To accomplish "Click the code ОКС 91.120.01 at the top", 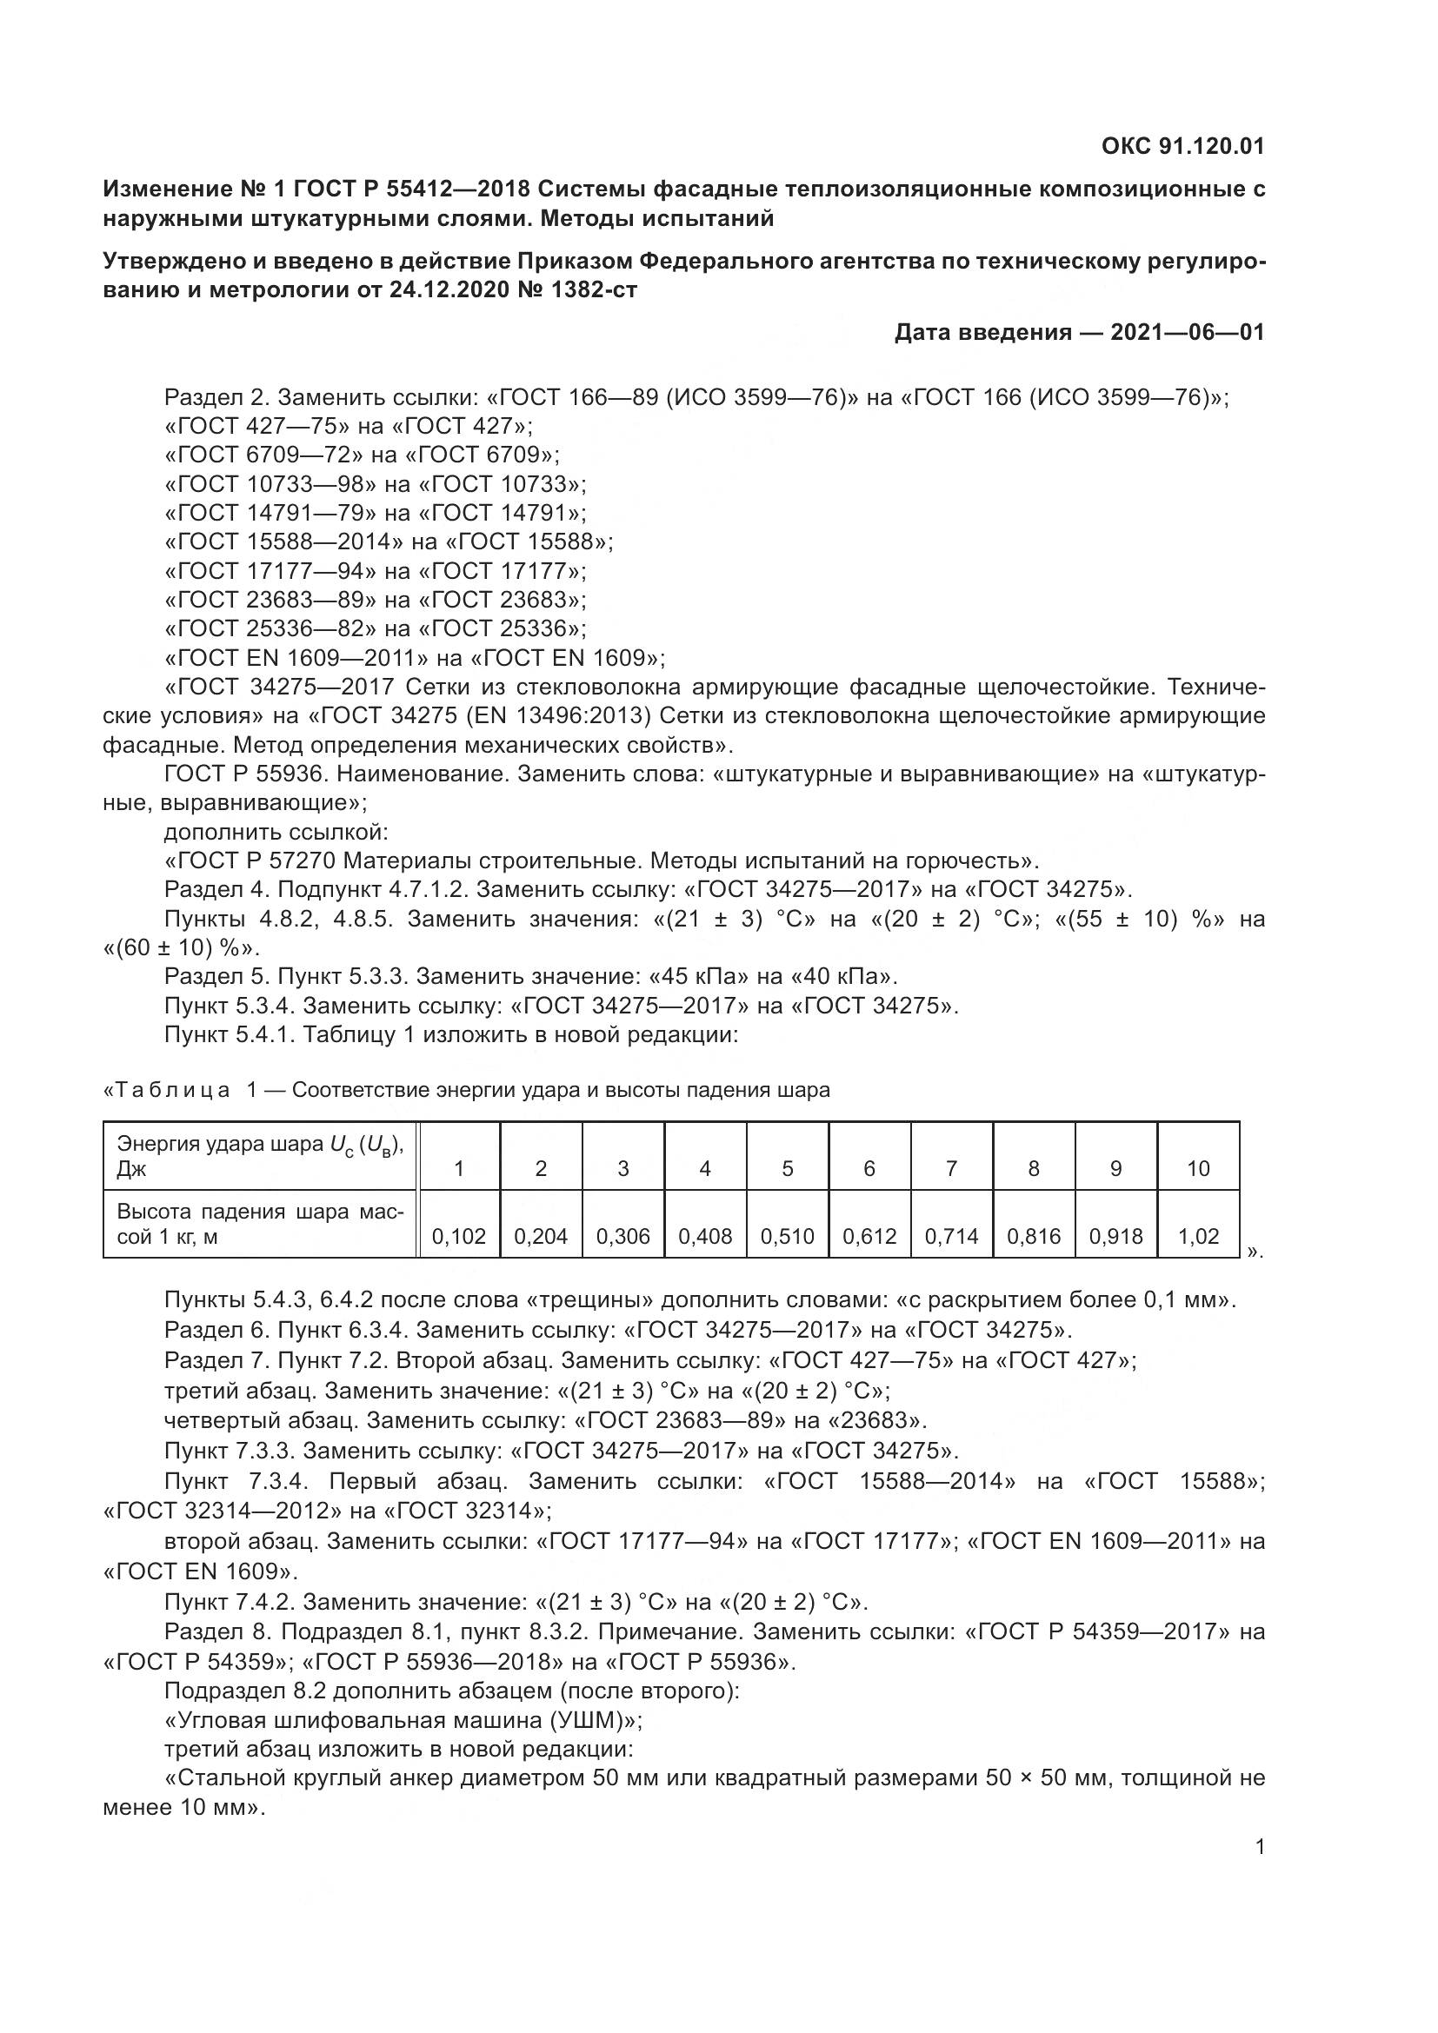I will pyautogui.click(x=1182, y=146).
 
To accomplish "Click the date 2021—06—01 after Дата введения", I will pyautogui.click(x=1188, y=332).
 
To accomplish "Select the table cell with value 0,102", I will pyautogui.click(x=459, y=1236).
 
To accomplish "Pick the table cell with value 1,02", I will pyautogui.click(x=1198, y=1236).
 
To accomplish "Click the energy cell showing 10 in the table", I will pyautogui.click(x=1198, y=1169).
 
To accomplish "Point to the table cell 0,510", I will pyautogui.click(x=787, y=1236).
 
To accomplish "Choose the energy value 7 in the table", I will pyautogui.click(x=951, y=1169).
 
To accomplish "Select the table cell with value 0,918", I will pyautogui.click(x=1115, y=1236).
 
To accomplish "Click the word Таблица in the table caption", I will pyautogui.click(x=170, y=1090).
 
